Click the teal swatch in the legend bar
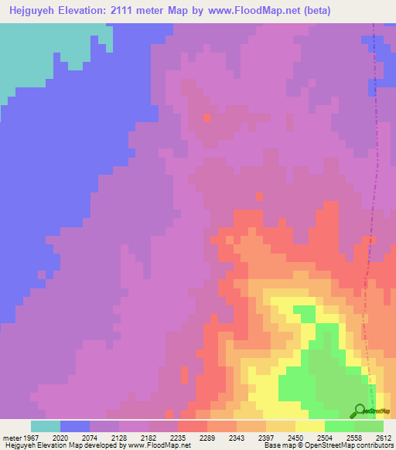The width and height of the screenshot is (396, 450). point(46,426)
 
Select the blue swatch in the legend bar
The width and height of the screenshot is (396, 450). point(75,426)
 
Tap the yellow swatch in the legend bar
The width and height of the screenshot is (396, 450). point(310,426)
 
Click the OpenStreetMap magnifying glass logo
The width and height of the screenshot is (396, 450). point(359,411)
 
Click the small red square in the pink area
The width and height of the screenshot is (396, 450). point(207,118)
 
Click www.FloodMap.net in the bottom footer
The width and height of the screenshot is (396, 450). point(162,445)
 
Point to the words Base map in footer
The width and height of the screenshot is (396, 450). point(275,445)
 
